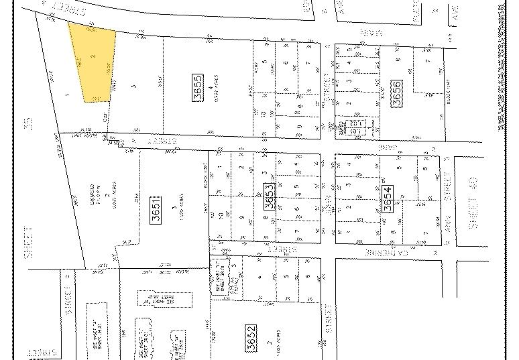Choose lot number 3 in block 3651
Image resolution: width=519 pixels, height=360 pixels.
point(175,209)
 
